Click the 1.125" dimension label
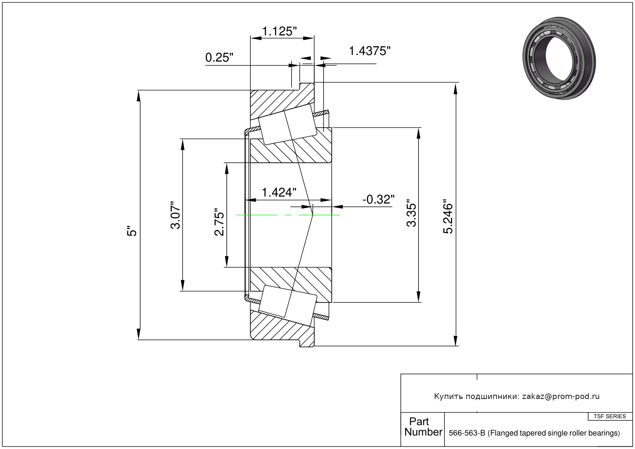279,31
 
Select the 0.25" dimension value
219,58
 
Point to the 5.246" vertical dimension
449,217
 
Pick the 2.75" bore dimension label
219,222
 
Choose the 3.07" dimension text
176,215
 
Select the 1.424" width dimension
279,192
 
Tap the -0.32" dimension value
378,199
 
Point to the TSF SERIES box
610,416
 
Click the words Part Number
422,427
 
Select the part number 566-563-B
467,433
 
